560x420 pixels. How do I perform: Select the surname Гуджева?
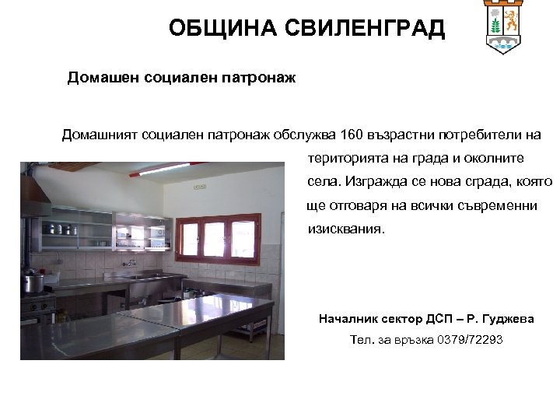(509, 319)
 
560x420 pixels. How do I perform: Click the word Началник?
(348, 319)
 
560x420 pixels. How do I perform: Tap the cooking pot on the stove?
(33, 282)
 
